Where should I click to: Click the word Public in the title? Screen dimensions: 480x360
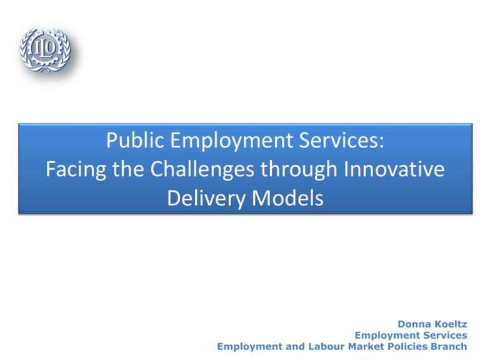[x=135, y=140]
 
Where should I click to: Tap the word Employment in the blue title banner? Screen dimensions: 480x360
[x=231, y=141]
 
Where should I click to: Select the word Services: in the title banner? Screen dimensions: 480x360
[x=341, y=140]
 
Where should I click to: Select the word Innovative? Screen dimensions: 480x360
[x=394, y=169]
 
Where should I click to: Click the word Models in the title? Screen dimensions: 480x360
[x=287, y=198]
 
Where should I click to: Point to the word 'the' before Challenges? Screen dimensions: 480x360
[x=128, y=169]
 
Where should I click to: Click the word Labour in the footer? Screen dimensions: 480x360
[x=326, y=346]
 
